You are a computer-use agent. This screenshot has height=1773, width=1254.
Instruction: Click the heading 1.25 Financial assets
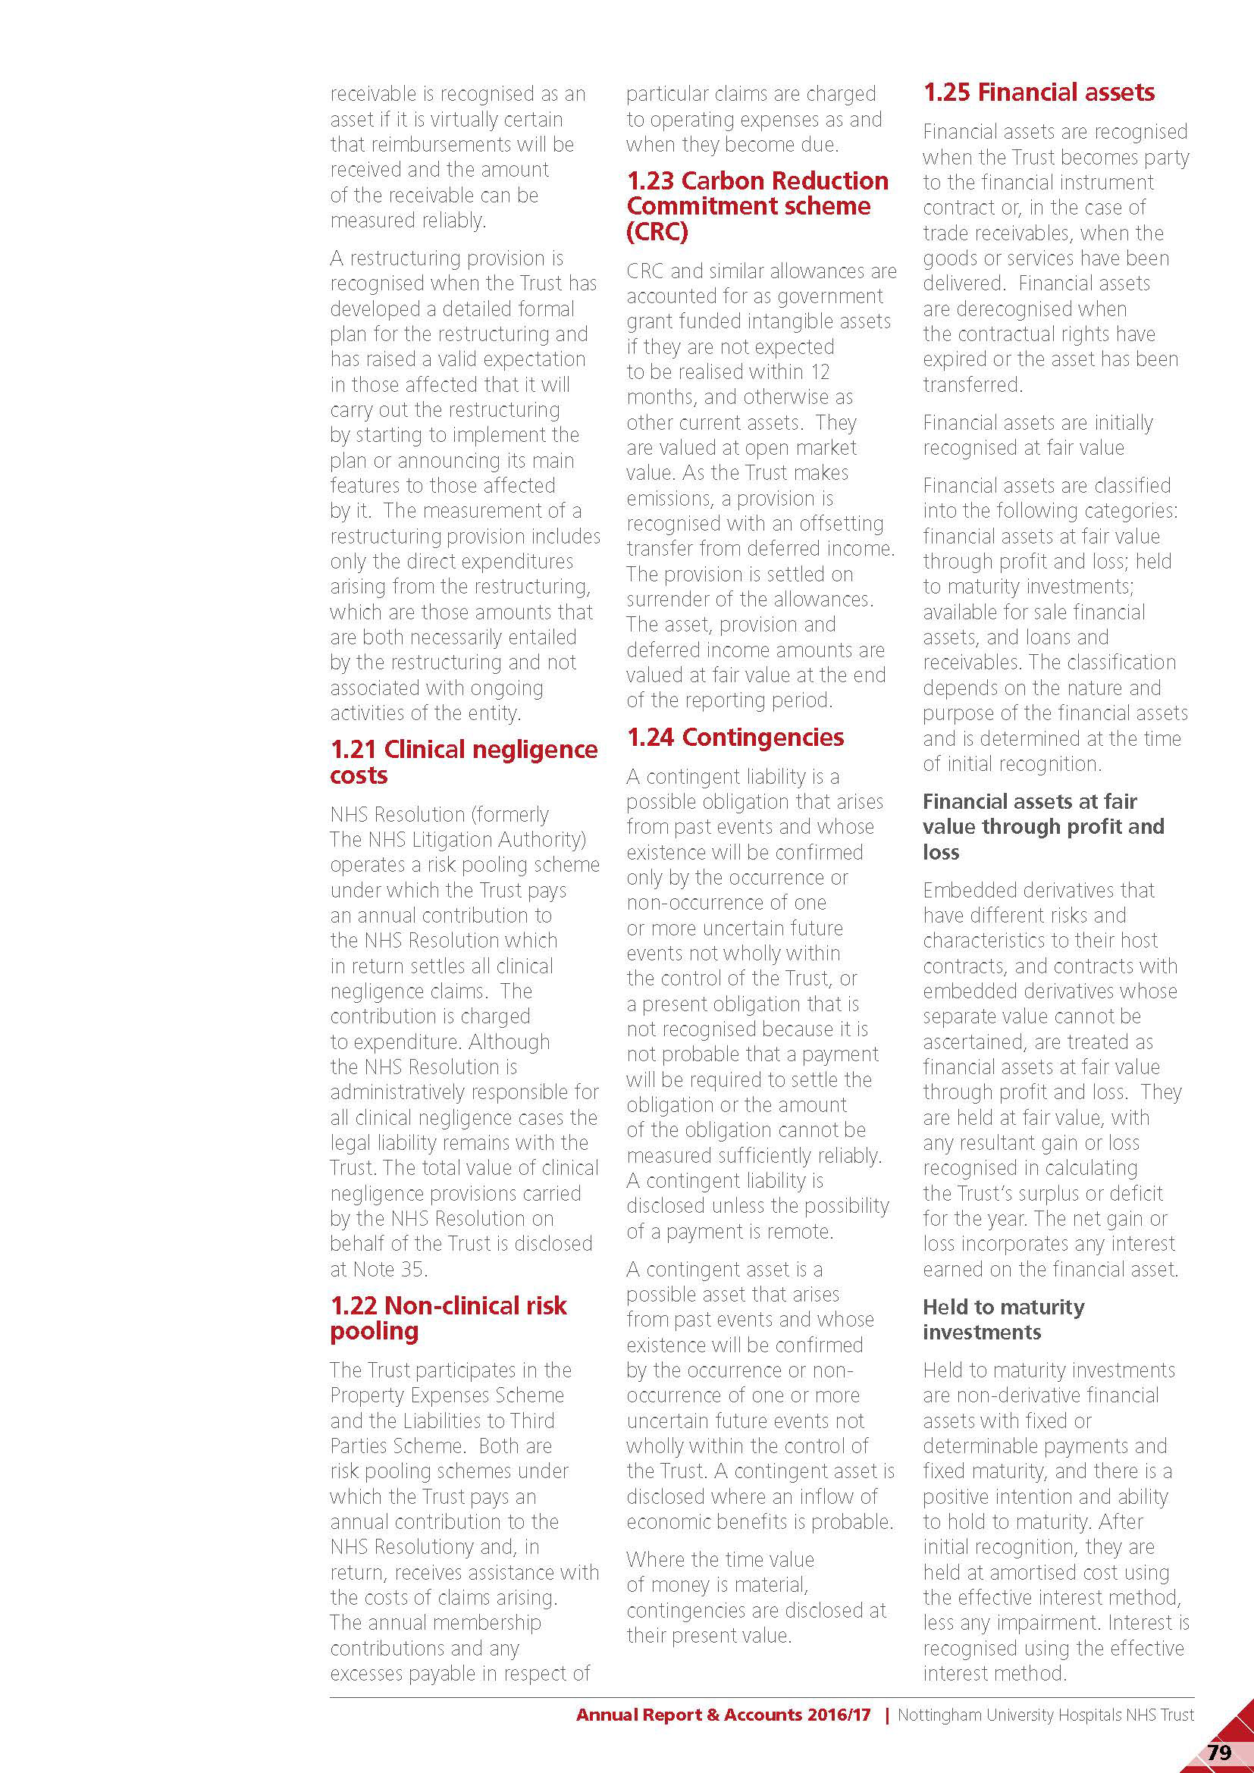[1038, 92]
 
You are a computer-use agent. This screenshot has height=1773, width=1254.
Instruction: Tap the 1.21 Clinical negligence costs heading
[463, 761]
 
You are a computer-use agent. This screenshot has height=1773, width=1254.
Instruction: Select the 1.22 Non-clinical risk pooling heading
[448, 1317]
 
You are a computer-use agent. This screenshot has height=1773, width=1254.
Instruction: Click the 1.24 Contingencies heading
[735, 738]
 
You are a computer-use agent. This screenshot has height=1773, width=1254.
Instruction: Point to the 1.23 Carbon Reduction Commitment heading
[757, 193]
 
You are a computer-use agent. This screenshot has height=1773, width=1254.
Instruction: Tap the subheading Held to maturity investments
[1003, 1319]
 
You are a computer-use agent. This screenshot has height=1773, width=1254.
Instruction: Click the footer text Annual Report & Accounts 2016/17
[723, 1715]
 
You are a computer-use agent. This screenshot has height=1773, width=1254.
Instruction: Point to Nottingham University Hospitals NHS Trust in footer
[1045, 1715]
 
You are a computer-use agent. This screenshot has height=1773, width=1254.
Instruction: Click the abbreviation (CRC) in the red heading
[657, 232]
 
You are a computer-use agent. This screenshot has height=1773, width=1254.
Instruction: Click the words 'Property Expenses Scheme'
[447, 1396]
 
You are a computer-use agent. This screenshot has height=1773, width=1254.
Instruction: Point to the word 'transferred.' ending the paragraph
[972, 384]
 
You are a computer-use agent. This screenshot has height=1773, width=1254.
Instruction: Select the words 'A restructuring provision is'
[447, 258]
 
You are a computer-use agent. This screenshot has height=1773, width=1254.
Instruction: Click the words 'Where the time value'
[719, 1559]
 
